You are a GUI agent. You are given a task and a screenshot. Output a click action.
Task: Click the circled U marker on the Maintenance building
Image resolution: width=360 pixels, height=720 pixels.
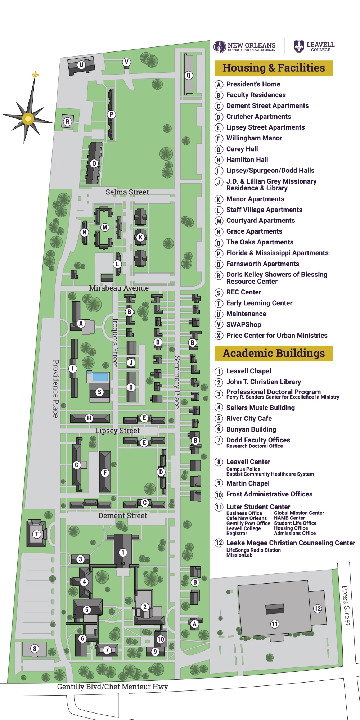click(81, 65)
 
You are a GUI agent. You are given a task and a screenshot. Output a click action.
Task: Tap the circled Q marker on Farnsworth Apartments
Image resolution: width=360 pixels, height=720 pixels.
click(188, 75)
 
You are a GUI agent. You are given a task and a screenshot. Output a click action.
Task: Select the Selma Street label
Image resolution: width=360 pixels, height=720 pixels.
click(127, 192)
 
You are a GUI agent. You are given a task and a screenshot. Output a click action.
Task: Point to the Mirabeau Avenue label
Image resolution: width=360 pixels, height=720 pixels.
click(119, 288)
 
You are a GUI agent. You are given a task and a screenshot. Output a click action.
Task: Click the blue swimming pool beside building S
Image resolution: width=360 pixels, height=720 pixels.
click(100, 377)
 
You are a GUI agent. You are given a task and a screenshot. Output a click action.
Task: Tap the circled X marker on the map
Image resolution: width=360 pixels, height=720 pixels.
click(81, 323)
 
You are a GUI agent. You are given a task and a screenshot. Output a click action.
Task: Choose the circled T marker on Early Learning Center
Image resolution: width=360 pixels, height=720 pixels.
click(37, 534)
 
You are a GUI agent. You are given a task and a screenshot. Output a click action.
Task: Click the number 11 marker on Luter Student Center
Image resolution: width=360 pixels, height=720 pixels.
click(275, 624)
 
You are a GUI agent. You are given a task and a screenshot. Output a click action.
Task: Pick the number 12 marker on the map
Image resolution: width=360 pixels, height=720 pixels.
click(317, 608)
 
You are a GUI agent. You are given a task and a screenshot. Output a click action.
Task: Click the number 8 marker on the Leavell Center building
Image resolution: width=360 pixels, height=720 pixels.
click(35, 649)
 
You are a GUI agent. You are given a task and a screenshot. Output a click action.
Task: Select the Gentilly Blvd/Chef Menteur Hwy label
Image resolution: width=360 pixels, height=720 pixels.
click(112, 687)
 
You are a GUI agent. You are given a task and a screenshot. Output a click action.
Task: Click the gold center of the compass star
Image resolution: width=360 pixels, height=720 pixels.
click(28, 118)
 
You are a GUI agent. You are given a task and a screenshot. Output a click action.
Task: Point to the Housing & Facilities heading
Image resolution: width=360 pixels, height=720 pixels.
click(274, 68)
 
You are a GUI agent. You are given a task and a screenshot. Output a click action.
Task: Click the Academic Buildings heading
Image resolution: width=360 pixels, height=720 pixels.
click(274, 354)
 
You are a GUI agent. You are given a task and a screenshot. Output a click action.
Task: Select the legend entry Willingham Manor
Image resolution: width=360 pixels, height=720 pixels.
click(254, 138)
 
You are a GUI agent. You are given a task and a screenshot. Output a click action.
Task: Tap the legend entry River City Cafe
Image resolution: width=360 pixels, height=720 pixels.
click(249, 418)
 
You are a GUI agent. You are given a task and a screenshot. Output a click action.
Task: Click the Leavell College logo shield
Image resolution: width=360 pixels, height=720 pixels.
click(299, 46)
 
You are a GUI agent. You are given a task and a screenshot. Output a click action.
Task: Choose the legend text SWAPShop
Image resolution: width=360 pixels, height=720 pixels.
click(244, 324)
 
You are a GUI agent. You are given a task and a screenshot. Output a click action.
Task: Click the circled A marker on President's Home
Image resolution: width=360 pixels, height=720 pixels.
click(194, 624)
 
